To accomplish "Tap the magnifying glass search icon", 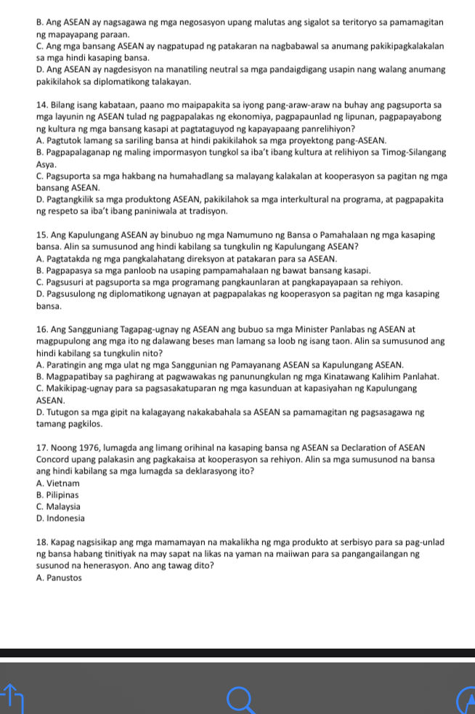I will click(x=240, y=699).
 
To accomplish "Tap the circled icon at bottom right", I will click(x=466, y=699).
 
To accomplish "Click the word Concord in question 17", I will click(x=53, y=460).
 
